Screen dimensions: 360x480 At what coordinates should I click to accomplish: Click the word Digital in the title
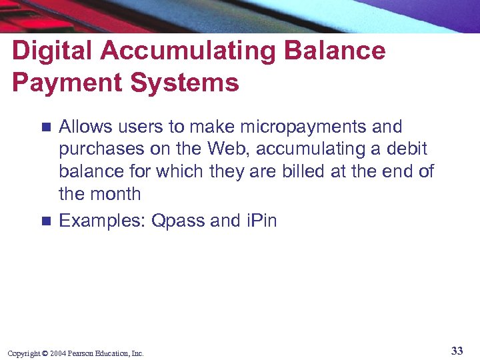click(x=49, y=51)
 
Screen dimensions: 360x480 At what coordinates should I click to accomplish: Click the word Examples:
click(x=102, y=221)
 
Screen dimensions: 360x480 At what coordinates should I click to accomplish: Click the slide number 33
click(x=457, y=351)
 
